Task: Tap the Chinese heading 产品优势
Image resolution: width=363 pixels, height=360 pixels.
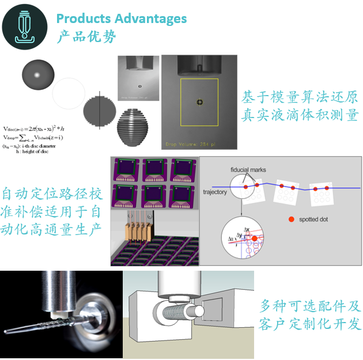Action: (86, 37)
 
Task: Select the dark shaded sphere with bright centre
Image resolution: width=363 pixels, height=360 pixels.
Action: (37, 74)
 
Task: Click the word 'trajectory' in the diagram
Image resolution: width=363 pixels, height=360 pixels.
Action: (215, 192)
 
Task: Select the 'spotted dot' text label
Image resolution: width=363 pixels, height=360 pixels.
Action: (317, 219)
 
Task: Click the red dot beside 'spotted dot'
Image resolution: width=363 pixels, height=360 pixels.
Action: (291, 219)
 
